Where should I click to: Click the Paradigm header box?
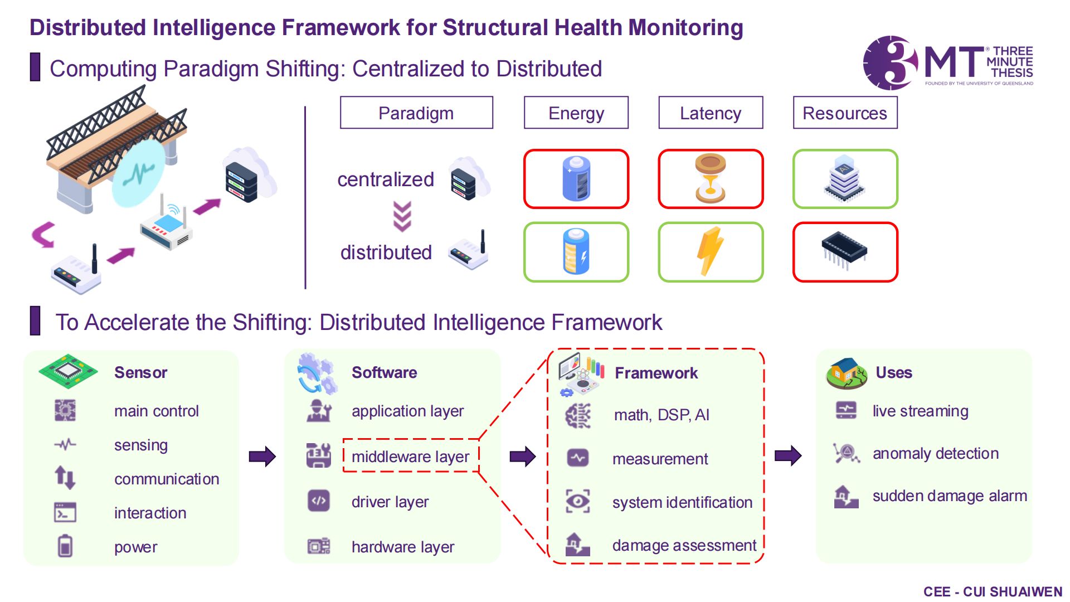[x=416, y=113]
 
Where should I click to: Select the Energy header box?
[x=576, y=113]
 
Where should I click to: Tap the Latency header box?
[x=711, y=113]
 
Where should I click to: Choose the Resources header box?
[x=845, y=113]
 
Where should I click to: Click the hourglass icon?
[x=711, y=179]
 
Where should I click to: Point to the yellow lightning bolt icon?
[x=710, y=251]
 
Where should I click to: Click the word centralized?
[x=386, y=179]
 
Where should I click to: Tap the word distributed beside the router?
[x=386, y=253]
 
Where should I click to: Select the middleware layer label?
[x=410, y=457]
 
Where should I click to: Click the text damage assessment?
[x=684, y=545]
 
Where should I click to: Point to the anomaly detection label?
[x=935, y=454]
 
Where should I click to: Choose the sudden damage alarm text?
[x=949, y=496]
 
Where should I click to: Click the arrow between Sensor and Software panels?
[x=262, y=457]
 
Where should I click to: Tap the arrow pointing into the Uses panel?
[x=788, y=455]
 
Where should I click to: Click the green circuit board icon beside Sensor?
[x=68, y=371]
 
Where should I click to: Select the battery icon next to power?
[x=65, y=546]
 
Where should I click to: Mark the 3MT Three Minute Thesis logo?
[x=947, y=63]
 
